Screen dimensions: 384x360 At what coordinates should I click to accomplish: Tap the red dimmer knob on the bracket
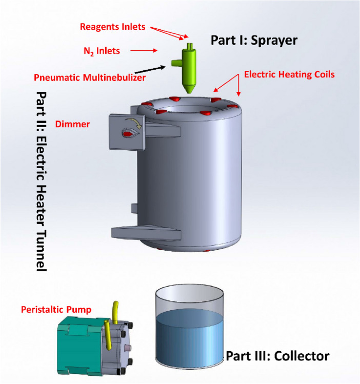(127, 133)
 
